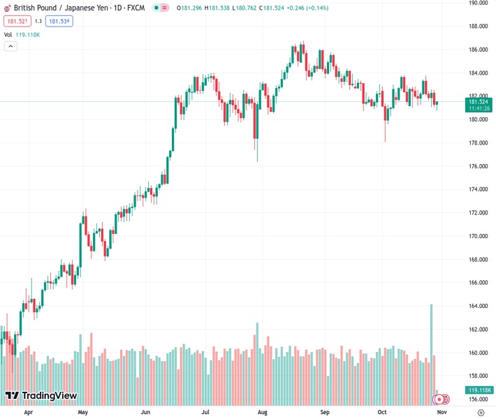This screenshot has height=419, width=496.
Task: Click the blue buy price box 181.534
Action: point(59,21)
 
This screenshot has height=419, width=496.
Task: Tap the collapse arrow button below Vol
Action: point(10,46)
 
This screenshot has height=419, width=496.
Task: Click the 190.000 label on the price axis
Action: point(478,3)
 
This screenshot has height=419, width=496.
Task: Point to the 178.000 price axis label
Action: point(478,142)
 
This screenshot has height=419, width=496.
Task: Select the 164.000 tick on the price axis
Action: point(478,306)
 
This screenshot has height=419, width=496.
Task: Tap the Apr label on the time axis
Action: point(28,412)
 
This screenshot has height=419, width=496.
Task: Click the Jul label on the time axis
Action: point(205,412)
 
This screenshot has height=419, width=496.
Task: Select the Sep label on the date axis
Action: point(325,412)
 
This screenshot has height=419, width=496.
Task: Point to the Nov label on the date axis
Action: point(441,412)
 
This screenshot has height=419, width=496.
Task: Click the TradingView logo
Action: point(41,396)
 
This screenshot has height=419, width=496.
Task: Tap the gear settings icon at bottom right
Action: point(481,413)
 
